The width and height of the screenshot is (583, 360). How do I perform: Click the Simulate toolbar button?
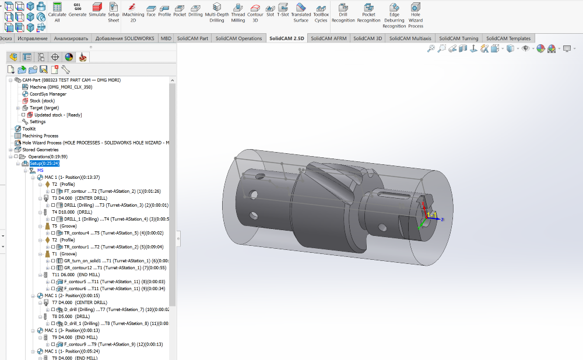pos(97,11)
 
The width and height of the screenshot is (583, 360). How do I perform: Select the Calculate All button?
pos(57,11)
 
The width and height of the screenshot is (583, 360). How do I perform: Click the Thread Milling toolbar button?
pos(238,12)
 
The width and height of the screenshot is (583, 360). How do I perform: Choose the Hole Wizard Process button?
pos(415,15)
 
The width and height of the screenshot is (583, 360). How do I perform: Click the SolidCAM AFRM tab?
pos(328,38)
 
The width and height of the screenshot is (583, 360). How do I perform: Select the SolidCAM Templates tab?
pos(508,38)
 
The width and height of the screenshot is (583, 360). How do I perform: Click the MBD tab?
pos(166,38)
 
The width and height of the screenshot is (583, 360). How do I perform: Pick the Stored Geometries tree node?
pos(40,150)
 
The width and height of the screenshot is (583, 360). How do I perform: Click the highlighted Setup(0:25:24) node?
pos(44,164)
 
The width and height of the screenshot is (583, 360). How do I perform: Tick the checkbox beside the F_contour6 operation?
pos(53,288)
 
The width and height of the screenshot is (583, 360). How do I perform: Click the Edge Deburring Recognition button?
pos(394,15)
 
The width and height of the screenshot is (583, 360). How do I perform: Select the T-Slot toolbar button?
pos(283,11)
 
